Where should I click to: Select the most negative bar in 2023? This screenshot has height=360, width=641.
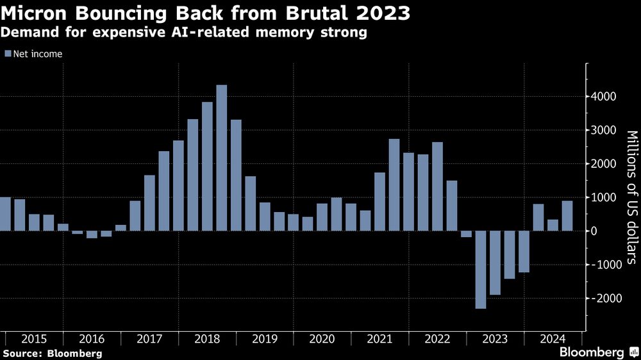click(x=481, y=270)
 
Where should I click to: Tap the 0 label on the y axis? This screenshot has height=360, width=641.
click(x=595, y=231)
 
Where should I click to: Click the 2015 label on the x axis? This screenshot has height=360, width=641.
click(x=35, y=340)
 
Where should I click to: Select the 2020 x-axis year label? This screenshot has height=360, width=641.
click(x=322, y=340)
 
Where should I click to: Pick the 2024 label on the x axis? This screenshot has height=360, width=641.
click(x=553, y=340)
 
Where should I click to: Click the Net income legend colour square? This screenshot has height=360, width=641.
click(x=8, y=54)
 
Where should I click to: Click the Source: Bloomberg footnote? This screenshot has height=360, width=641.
click(x=52, y=353)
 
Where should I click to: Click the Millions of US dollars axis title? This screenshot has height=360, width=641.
click(x=631, y=197)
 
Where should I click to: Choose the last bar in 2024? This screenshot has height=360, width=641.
click(x=567, y=216)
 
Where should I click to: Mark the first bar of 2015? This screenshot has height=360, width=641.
click(x=5, y=214)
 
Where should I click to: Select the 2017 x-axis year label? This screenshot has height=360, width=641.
click(x=150, y=340)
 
